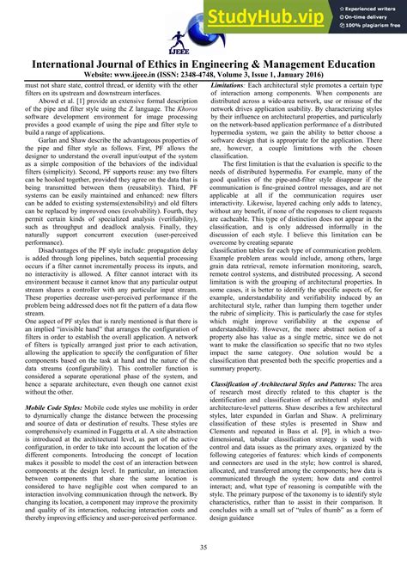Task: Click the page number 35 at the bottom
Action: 203,548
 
